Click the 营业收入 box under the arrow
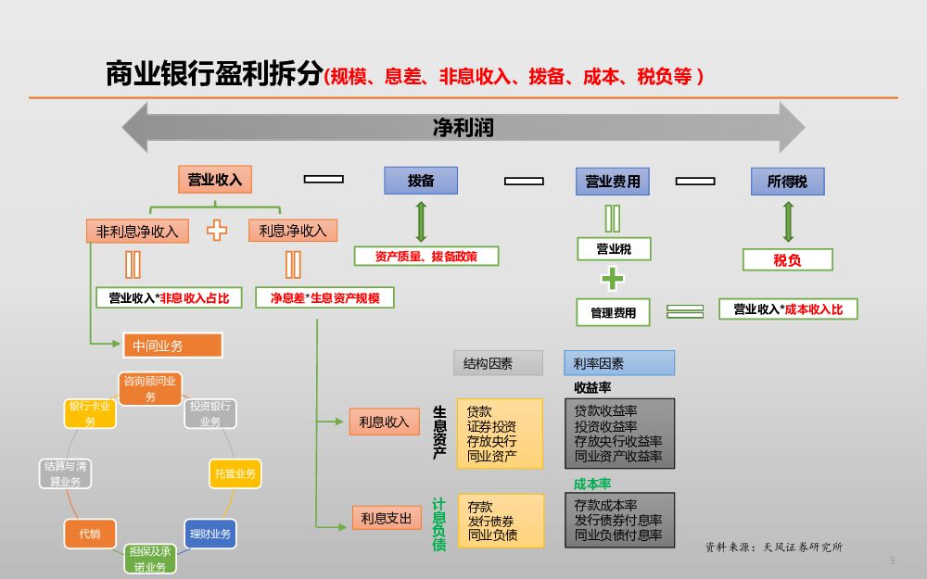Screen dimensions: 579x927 [215, 180]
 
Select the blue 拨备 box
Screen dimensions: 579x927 [421, 181]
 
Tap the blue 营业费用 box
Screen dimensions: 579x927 [613, 182]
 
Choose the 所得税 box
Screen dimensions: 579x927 [787, 182]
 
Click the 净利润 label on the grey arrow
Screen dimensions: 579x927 [463, 128]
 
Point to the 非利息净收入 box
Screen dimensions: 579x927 [137, 231]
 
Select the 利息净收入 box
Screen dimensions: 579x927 [293, 231]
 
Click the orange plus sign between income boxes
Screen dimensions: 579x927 [217, 231]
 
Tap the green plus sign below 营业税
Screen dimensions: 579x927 [613, 279]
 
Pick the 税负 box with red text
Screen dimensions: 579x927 [787, 260]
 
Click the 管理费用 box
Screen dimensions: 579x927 [613, 312]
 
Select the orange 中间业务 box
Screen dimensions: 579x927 [172, 346]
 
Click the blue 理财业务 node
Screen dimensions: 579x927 [210, 534]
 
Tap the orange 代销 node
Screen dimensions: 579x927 [90, 534]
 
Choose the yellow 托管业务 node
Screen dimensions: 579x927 [235, 473]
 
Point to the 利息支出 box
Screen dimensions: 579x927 [385, 518]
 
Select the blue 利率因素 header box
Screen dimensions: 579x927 [619, 363]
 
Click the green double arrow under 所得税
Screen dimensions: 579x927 [788, 221]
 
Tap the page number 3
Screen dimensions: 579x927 [892, 560]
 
